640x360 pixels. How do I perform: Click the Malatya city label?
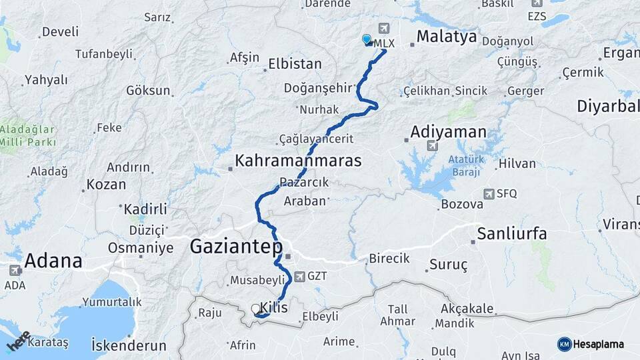(447, 36)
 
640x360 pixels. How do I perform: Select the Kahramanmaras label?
(298, 161)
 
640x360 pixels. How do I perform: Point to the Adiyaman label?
(448, 131)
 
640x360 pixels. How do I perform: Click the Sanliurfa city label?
(512, 233)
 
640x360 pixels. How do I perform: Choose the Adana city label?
(53, 260)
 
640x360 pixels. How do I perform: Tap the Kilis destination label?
(275, 307)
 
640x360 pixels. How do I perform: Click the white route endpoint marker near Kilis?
(256, 309)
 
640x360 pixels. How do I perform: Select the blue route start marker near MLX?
(366, 39)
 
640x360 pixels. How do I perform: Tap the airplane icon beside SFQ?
(489, 193)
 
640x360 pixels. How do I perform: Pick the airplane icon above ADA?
(15, 271)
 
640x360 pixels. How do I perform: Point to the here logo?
(18, 341)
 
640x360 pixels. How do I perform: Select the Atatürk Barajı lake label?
(465, 166)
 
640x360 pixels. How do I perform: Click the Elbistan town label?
(295, 65)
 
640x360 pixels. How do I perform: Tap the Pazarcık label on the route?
(304, 182)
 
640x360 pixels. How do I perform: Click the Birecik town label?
(389, 259)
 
